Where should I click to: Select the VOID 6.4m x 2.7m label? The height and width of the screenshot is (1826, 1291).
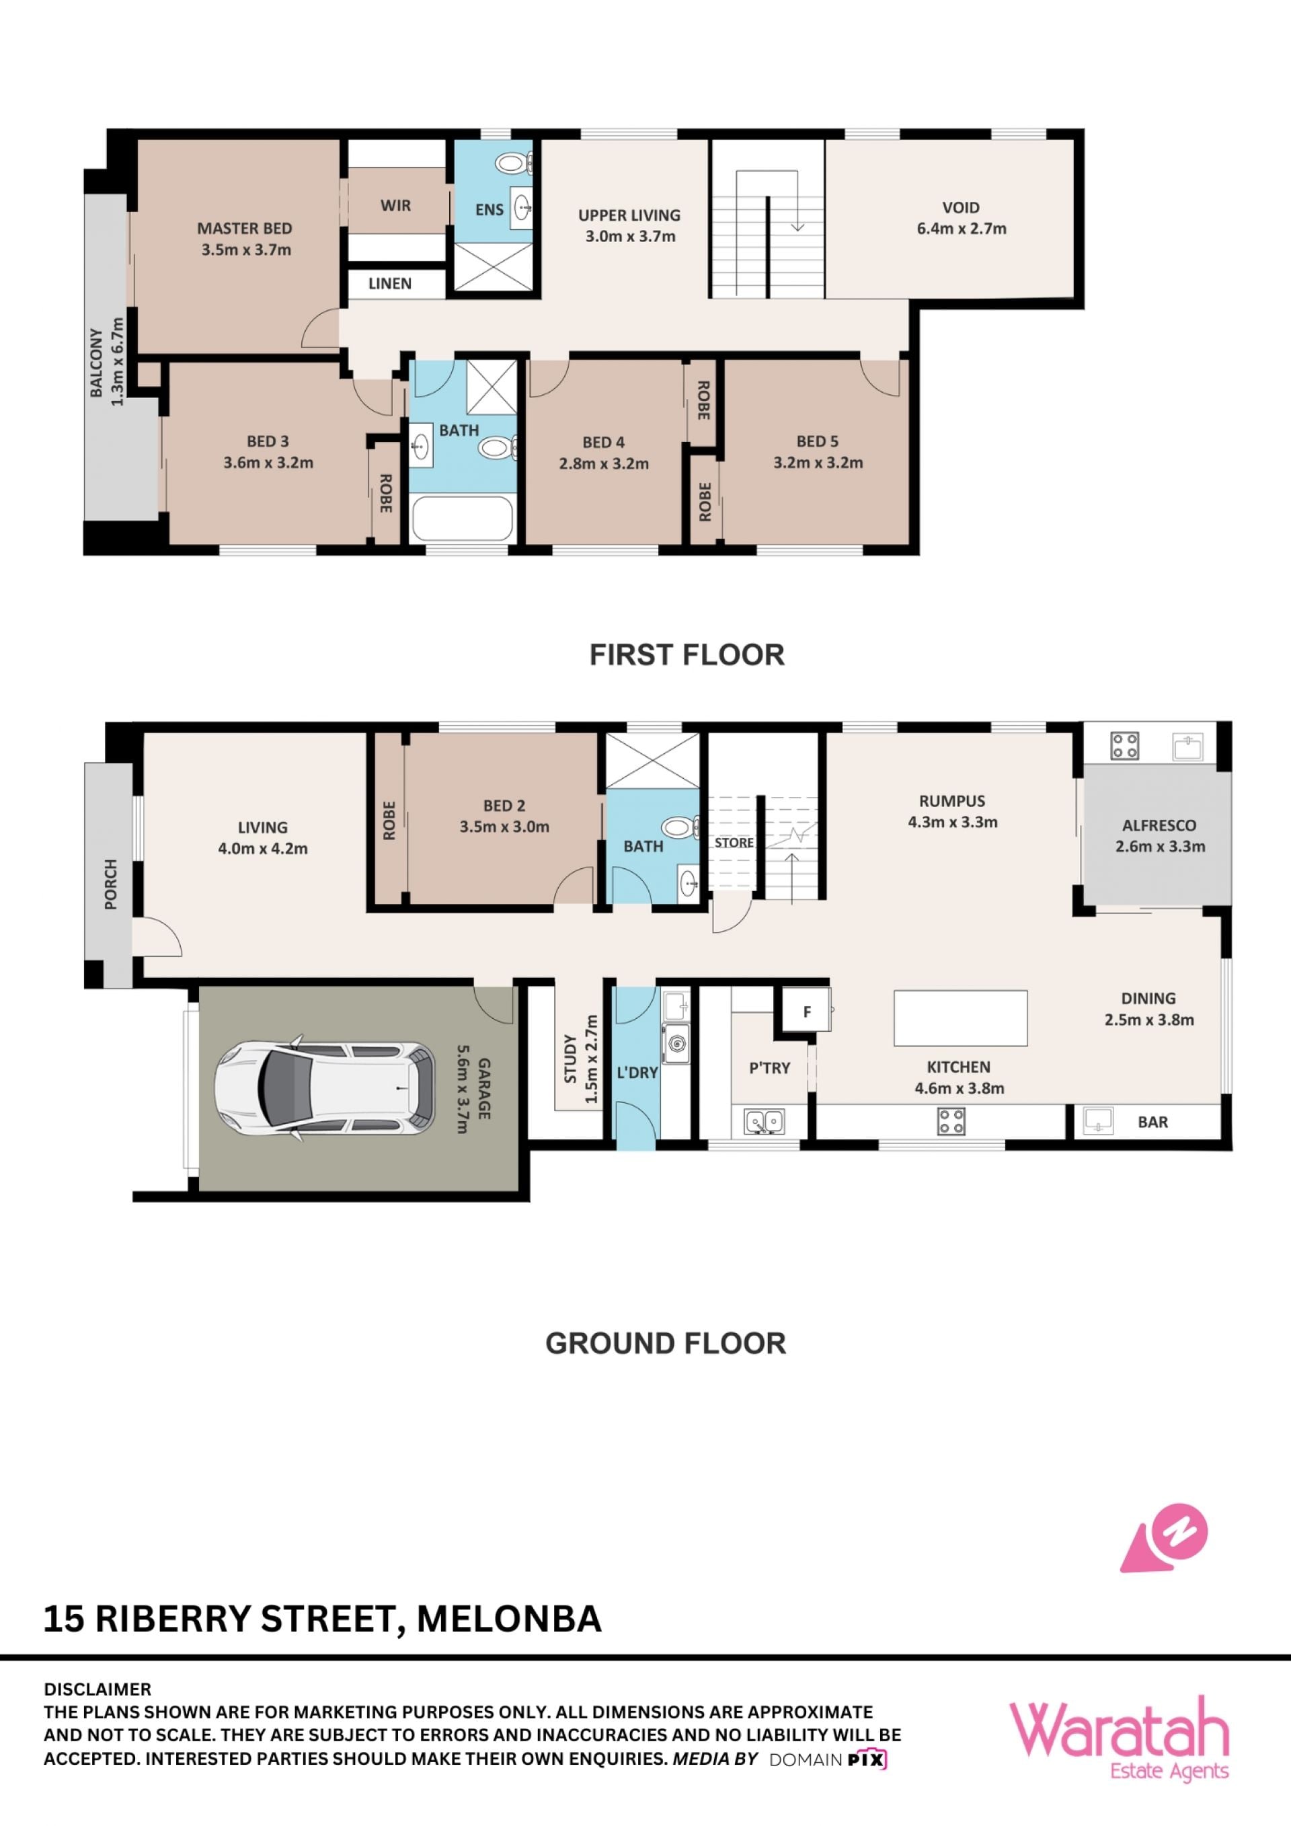pyautogui.click(x=961, y=218)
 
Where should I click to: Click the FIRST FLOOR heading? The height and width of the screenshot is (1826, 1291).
pyautogui.click(x=687, y=655)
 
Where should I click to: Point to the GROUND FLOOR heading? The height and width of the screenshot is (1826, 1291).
pyautogui.click(x=666, y=1343)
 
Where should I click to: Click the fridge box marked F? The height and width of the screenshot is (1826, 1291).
pyautogui.click(x=807, y=1012)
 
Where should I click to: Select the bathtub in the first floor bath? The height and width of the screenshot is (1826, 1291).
pyautogui.click(x=462, y=519)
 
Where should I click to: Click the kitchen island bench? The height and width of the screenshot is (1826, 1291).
pyautogui.click(x=960, y=1018)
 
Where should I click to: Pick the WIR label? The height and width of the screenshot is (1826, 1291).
pyautogui.click(x=396, y=206)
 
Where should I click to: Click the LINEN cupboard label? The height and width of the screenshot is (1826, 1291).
pyautogui.click(x=389, y=284)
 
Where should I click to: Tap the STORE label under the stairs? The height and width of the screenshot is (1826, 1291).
pyautogui.click(x=734, y=843)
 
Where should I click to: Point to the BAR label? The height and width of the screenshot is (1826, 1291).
pyautogui.click(x=1152, y=1122)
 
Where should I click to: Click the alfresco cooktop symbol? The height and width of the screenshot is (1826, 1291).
pyautogui.click(x=1125, y=746)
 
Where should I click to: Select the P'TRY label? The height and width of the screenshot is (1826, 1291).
pyautogui.click(x=769, y=1068)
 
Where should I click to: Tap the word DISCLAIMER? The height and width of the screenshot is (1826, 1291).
pyautogui.click(x=97, y=1689)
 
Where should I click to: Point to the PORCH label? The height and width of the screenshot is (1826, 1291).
pyautogui.click(x=110, y=884)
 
